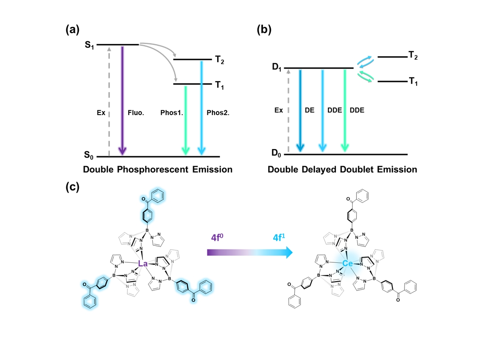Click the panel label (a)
[73, 30]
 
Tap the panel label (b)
[263, 30]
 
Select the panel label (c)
[73, 187]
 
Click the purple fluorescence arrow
[122, 99]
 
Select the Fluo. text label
[137, 113]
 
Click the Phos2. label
[218, 113]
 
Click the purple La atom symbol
[143, 264]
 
